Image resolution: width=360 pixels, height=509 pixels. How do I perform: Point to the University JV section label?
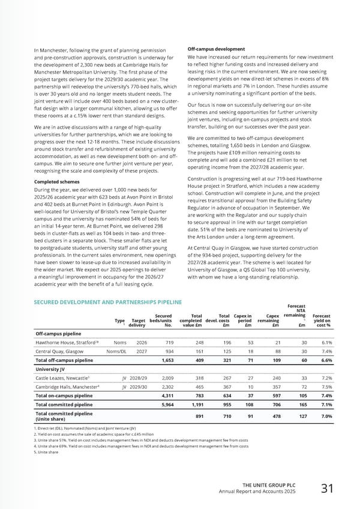point(53,368)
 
